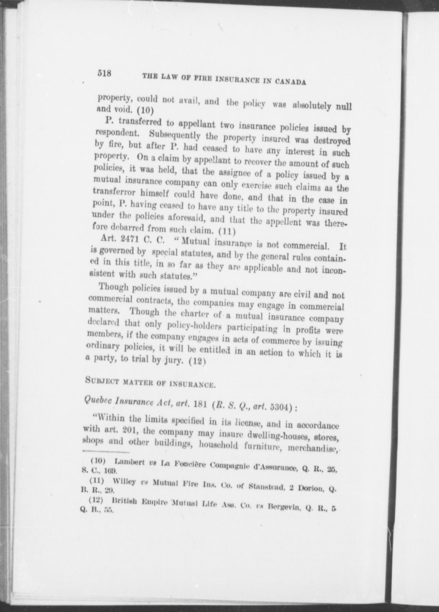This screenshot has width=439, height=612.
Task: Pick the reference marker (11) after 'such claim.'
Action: pyautogui.click(x=227, y=231)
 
